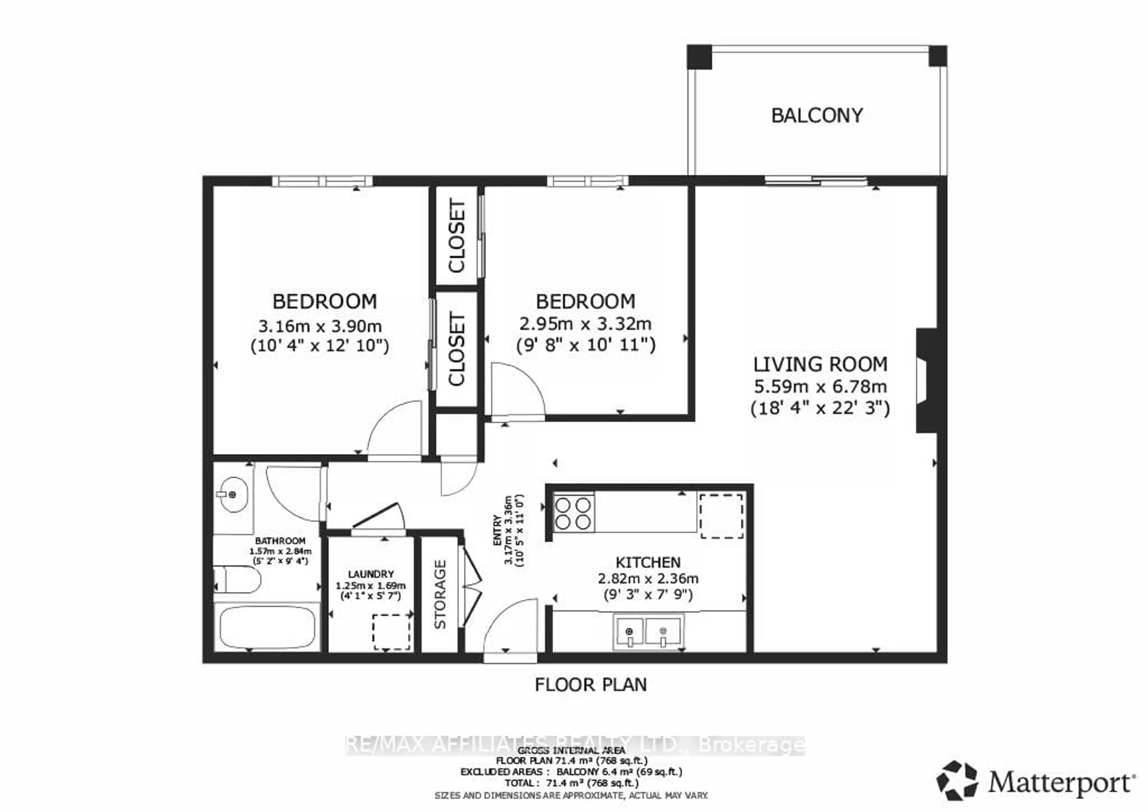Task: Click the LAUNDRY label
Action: [x=370, y=574]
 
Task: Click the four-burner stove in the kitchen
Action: [x=573, y=513]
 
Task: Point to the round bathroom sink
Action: [x=233, y=494]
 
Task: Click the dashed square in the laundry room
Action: [x=391, y=632]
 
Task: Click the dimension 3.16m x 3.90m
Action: [x=320, y=327]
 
